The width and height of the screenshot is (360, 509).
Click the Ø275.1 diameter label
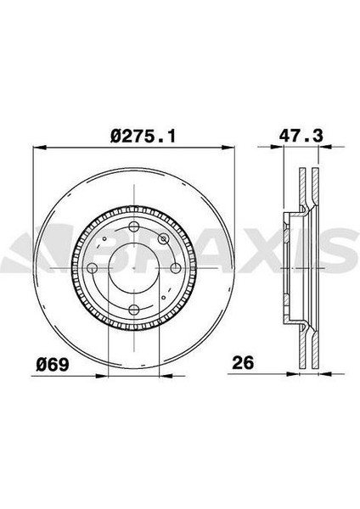click(x=143, y=136)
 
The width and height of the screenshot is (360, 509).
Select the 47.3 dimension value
click(x=301, y=136)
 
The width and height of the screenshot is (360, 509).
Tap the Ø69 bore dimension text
click(x=53, y=364)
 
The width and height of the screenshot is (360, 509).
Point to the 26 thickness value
click(x=243, y=362)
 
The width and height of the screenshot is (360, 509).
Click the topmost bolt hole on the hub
click(x=134, y=227)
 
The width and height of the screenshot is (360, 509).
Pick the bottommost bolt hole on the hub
click(x=134, y=310)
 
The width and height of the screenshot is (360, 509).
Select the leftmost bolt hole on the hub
click(x=93, y=268)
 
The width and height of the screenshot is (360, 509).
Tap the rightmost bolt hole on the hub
click(x=176, y=268)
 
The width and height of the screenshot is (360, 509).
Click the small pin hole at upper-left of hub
click(x=104, y=238)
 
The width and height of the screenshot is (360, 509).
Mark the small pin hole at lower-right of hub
click(x=163, y=298)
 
